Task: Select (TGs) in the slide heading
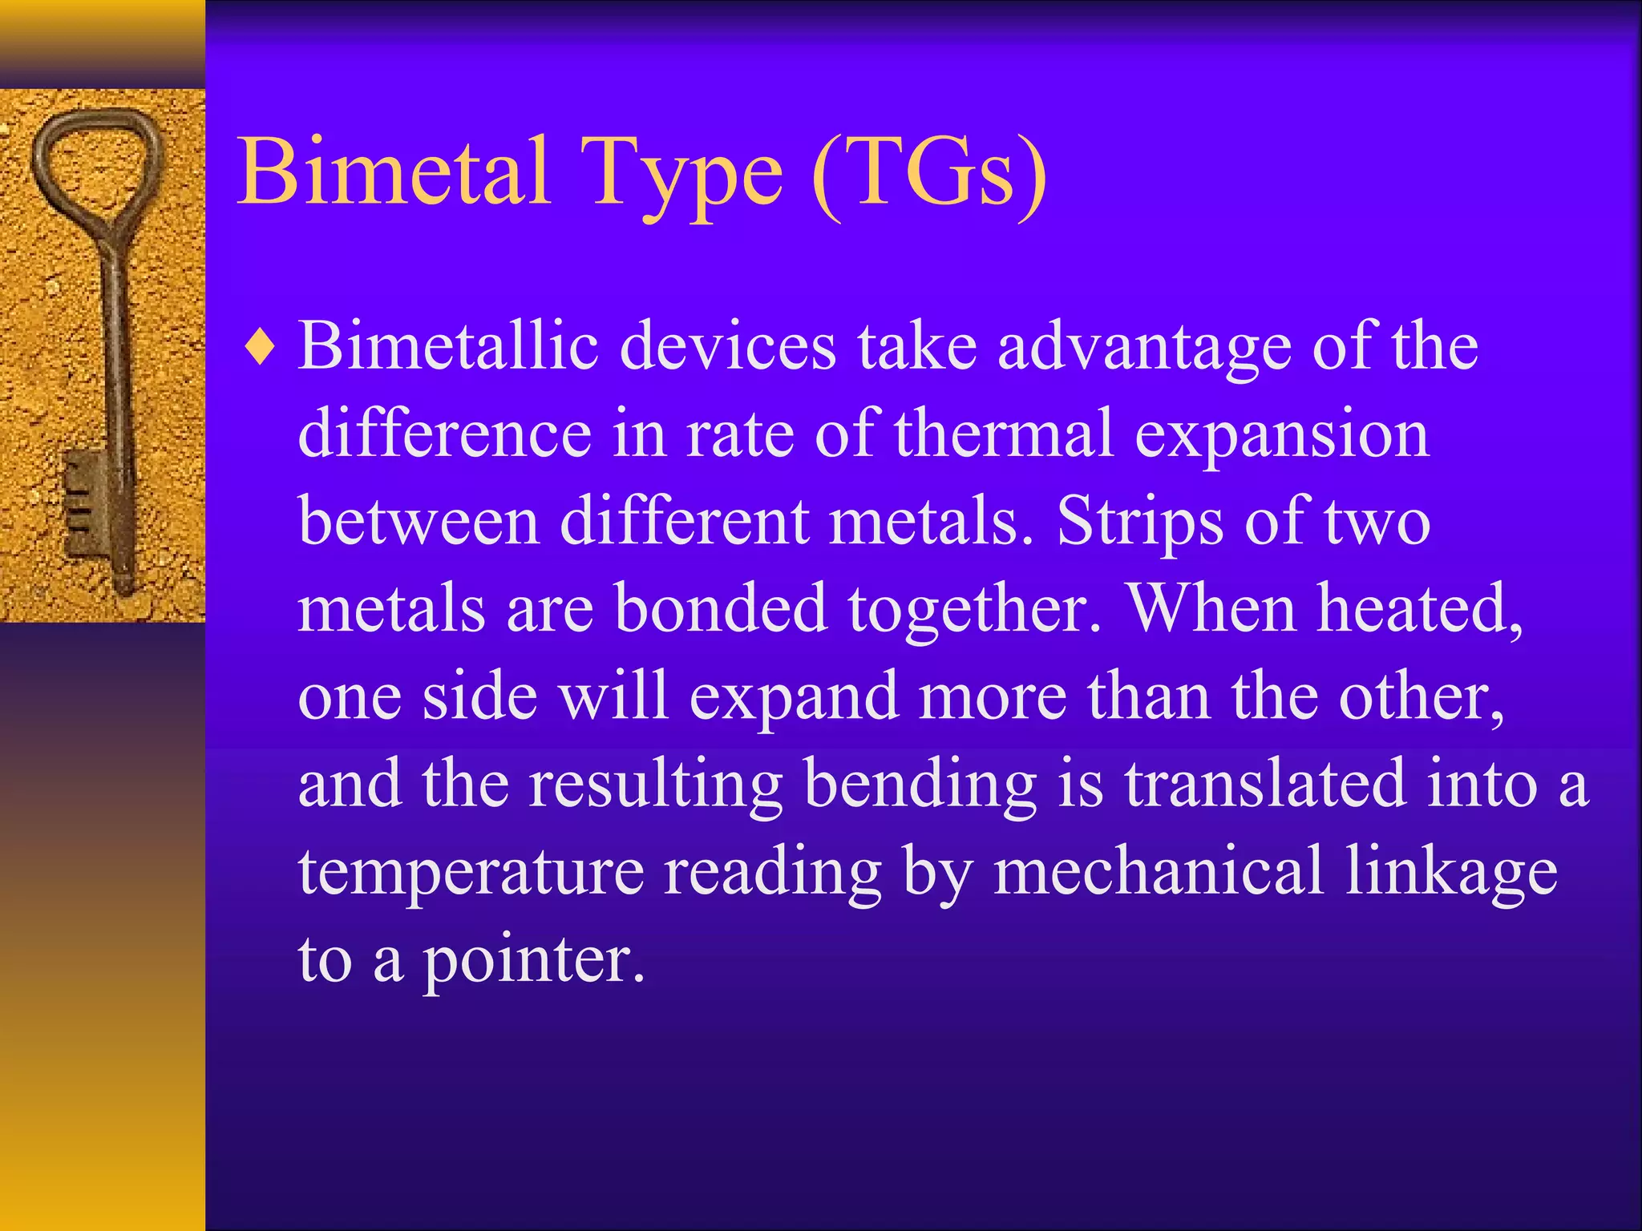928,172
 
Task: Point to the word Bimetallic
449,346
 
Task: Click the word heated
1419,609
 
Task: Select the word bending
920,784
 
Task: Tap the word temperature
471,872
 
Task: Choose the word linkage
1451,872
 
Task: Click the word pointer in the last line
532,960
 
